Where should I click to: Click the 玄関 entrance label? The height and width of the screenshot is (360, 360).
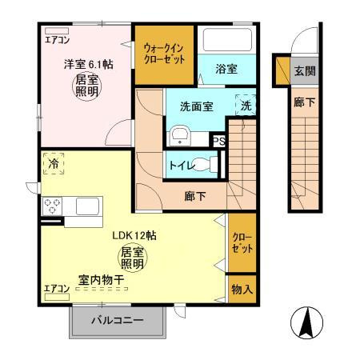click(x=302, y=70)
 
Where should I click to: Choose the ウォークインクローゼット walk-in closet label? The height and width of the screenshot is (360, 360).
click(x=163, y=56)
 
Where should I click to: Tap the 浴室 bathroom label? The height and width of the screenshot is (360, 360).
click(x=226, y=70)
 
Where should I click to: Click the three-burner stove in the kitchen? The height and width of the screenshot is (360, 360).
click(x=53, y=206)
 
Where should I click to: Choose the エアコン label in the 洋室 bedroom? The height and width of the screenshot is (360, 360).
click(x=57, y=38)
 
